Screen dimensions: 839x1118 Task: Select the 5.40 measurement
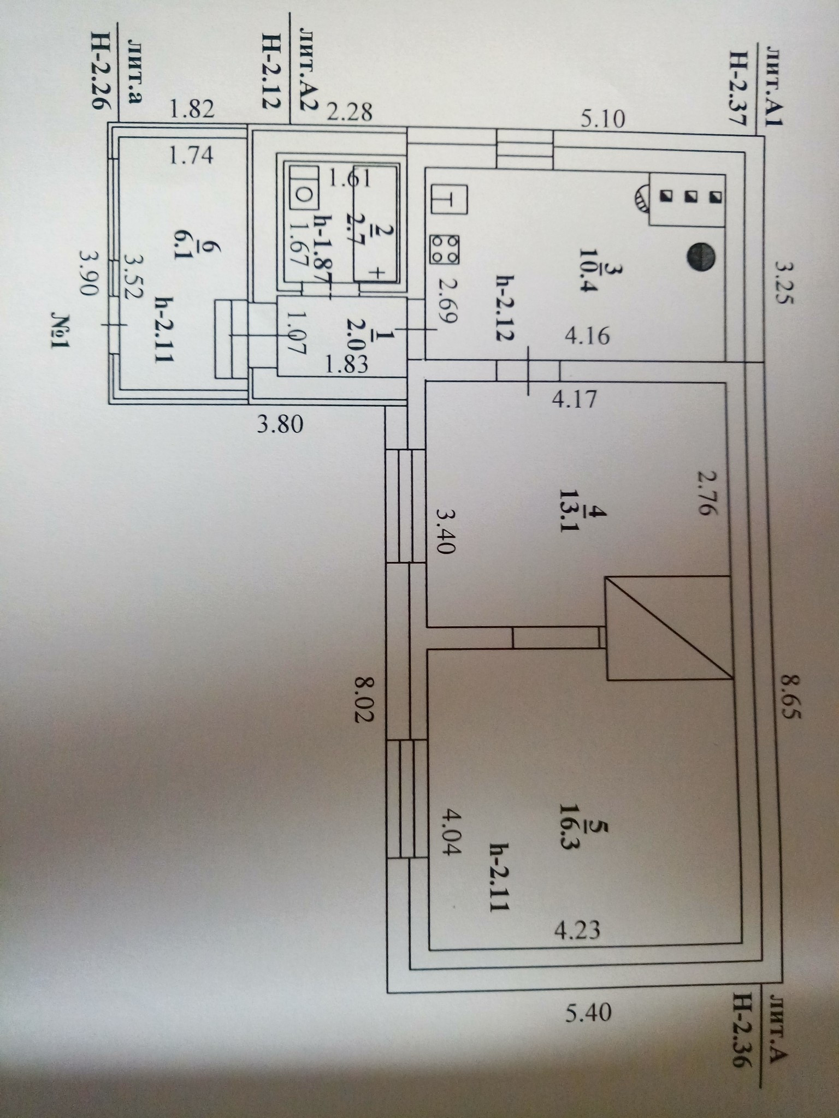588,1014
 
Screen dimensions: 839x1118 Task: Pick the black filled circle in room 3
700,257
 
